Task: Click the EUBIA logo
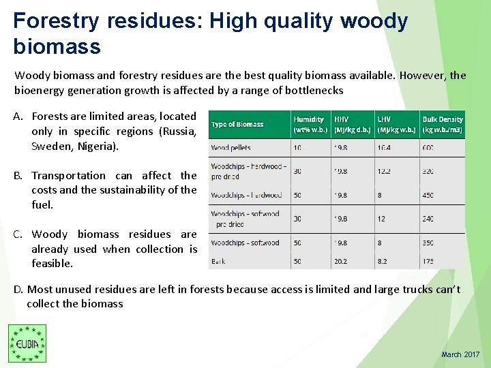pyautogui.click(x=27, y=343)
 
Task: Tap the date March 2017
pyautogui.click(x=460, y=354)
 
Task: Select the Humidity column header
pyautogui.click(x=308, y=124)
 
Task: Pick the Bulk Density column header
pyautogui.click(x=442, y=124)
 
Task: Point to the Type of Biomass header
pyautogui.click(x=237, y=125)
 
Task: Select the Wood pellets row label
pyautogui.click(x=230, y=147)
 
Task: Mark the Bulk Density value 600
pyautogui.click(x=428, y=147)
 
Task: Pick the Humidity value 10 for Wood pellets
pyautogui.click(x=297, y=147)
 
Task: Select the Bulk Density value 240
pyautogui.click(x=428, y=219)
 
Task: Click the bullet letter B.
pyautogui.click(x=18, y=176)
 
